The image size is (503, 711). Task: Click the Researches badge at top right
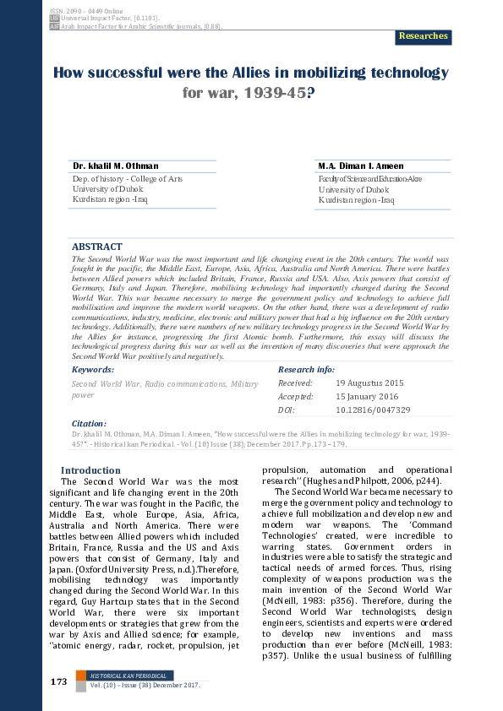[x=423, y=36]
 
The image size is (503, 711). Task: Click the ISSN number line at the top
[x=76, y=7]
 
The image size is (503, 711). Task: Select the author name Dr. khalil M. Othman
[x=115, y=166]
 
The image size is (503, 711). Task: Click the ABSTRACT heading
[x=96, y=247]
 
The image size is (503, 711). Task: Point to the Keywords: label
[x=93, y=370]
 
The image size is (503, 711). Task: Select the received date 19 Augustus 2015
[x=370, y=383]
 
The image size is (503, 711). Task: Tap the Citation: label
[x=89, y=424]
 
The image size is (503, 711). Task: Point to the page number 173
[x=58, y=681]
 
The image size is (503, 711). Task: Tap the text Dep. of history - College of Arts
[x=128, y=179]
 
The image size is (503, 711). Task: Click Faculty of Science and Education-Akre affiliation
[x=369, y=179]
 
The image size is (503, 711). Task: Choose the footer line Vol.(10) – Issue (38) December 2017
[x=144, y=685]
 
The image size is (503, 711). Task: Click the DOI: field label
[x=286, y=410]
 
